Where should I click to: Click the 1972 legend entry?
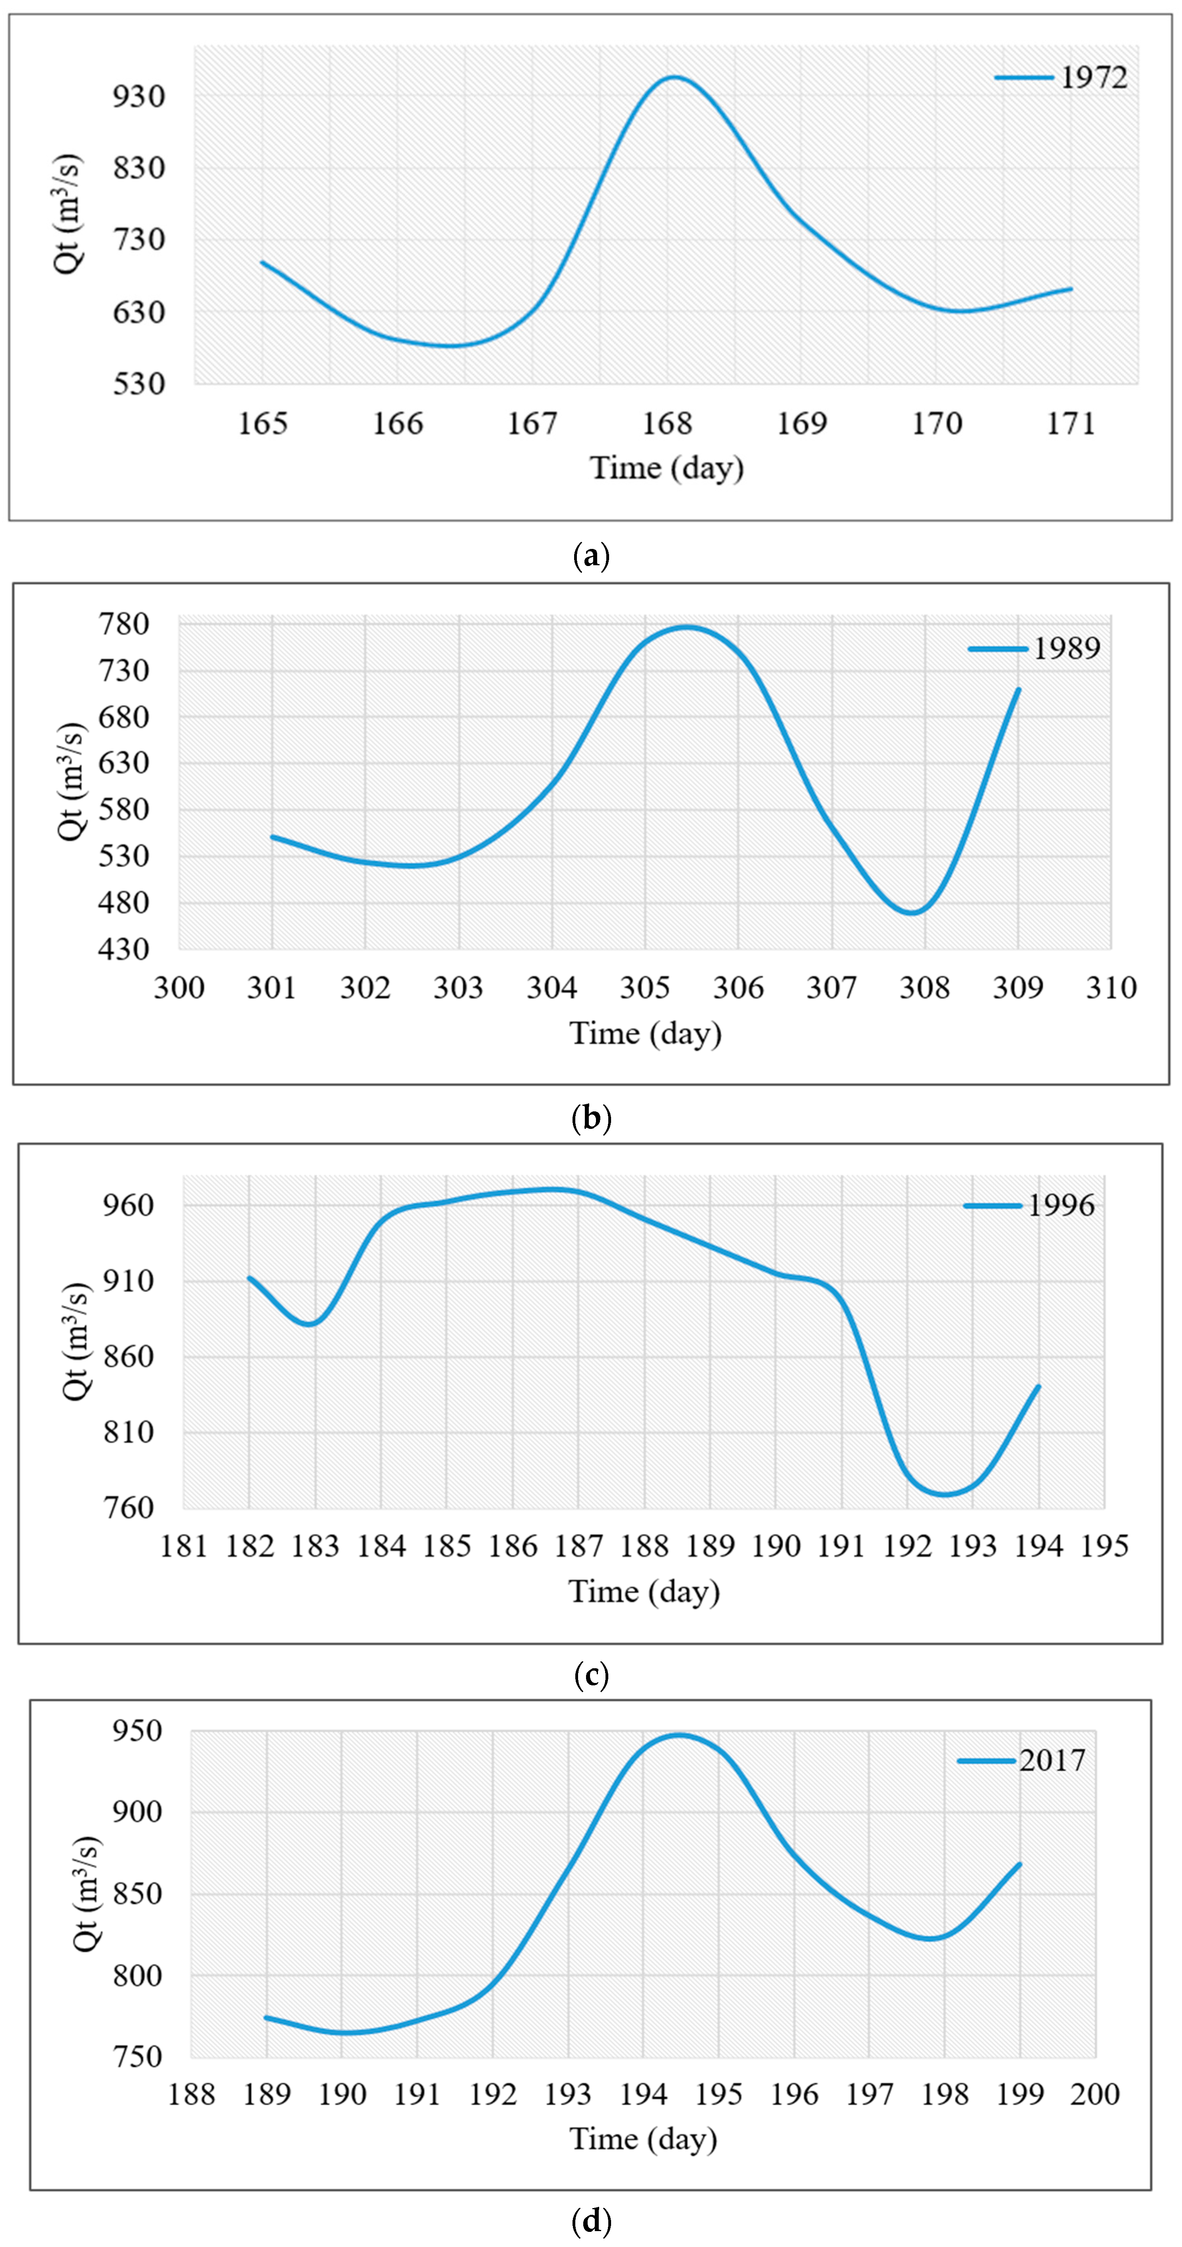[1062, 78]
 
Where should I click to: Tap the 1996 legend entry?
[1029, 1206]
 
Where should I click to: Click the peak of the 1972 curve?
[673, 77]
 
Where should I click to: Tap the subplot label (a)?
[590, 556]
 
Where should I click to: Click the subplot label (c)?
[590, 1674]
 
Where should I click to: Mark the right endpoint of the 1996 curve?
[1038, 1386]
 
